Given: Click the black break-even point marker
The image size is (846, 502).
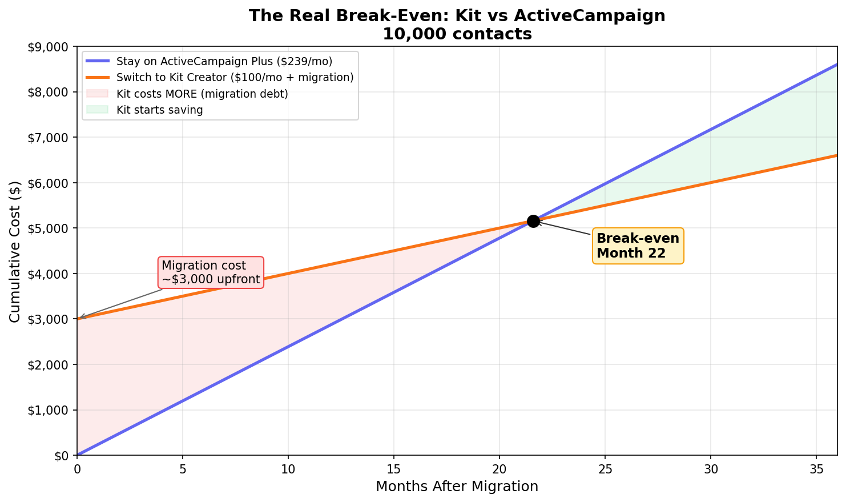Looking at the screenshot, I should pos(533,221).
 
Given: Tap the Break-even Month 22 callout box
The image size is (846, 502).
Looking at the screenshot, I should pos(638,246).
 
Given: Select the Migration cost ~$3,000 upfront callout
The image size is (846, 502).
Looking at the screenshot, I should pos(211,272).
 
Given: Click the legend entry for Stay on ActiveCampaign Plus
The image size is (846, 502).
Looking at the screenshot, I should pos(224,61).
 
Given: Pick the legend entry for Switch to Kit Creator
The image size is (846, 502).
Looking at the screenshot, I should pos(235,77).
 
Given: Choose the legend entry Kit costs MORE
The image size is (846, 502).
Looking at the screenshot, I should pos(202,94).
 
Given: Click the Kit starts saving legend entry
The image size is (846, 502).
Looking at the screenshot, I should pos(159,110).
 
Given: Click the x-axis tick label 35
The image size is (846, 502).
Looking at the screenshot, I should pos(816,468).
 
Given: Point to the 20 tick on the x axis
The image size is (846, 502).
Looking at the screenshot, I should pos(499,468).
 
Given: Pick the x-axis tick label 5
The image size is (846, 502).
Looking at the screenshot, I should pos(183,468).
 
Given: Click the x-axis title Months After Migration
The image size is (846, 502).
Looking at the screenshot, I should pos(457,487).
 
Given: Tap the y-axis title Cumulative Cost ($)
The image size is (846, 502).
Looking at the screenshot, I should pos(15,251).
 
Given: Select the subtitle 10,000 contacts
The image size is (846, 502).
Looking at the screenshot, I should pos(457,34).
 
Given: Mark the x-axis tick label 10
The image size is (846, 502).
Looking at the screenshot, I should pos(288,468).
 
